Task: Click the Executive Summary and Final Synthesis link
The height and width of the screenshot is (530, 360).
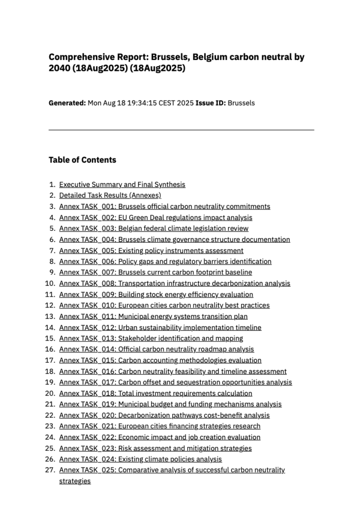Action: (122, 184)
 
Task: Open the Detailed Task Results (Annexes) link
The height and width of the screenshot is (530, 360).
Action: (110, 195)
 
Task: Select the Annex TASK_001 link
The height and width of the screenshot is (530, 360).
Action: (164, 207)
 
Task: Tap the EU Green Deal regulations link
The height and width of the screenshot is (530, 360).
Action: (156, 217)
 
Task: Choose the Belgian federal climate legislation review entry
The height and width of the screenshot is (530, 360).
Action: (154, 228)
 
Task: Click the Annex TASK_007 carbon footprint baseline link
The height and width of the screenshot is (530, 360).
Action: (156, 272)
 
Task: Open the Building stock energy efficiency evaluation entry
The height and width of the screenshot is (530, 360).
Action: (156, 295)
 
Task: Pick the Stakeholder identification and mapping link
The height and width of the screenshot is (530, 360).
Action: (151, 338)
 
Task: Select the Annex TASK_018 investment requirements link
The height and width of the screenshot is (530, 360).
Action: (156, 393)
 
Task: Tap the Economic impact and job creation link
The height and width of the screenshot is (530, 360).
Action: (160, 437)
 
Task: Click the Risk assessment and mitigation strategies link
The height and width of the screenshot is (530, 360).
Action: (156, 448)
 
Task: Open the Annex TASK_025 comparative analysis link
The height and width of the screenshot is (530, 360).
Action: (172, 470)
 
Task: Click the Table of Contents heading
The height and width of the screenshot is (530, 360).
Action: (82, 160)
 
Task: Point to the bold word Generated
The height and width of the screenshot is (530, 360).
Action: (67, 103)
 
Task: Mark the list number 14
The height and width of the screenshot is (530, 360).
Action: (51, 328)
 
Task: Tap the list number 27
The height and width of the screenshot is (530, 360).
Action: (51, 470)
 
